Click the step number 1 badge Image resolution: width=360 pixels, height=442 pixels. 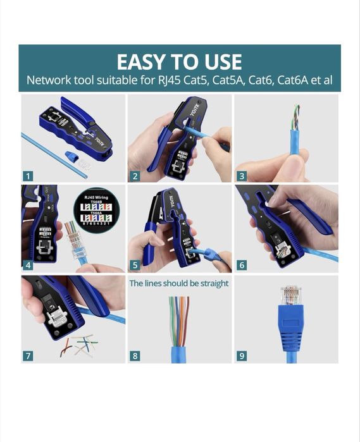click(x=28, y=176)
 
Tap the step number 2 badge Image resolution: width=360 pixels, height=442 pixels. click(x=135, y=176)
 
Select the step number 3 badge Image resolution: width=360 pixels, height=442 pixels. click(x=242, y=176)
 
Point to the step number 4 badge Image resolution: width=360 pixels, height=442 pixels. click(x=28, y=265)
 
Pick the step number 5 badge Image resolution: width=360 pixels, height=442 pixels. click(x=135, y=265)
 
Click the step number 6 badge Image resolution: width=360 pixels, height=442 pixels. click(x=242, y=265)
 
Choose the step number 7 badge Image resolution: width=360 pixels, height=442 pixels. click(x=28, y=356)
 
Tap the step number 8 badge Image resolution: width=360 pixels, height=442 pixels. click(x=135, y=356)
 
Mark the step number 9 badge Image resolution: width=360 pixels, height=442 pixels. click(x=242, y=356)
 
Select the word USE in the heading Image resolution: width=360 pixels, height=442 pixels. click(x=220, y=62)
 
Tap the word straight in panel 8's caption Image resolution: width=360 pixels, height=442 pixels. click(x=211, y=283)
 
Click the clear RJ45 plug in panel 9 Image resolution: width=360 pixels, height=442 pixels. click(x=290, y=294)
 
